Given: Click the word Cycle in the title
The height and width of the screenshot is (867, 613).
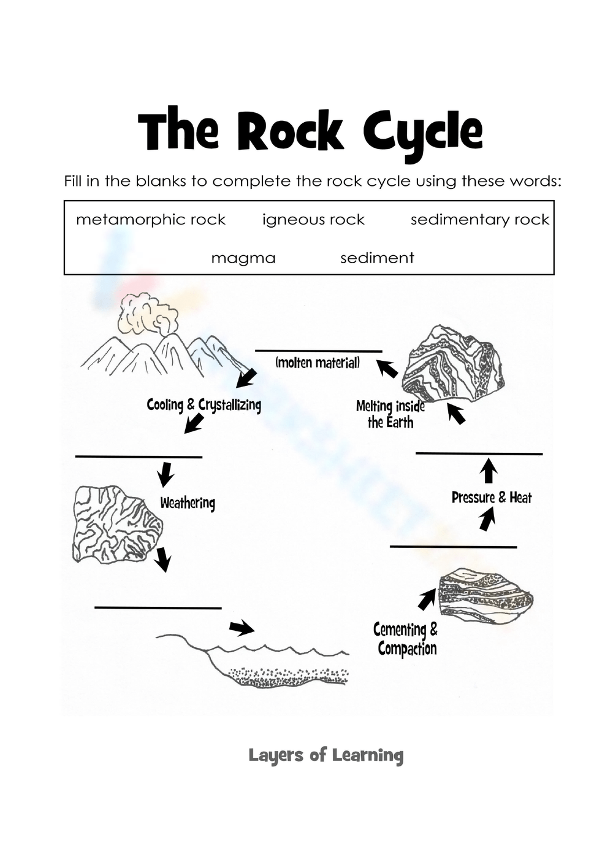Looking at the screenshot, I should [x=422, y=132].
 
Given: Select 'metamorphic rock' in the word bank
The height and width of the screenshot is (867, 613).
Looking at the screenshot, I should [x=150, y=220].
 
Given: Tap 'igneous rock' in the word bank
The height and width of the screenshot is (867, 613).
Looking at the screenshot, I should [x=313, y=220].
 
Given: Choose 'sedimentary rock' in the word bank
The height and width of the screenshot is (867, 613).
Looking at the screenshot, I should [x=479, y=220].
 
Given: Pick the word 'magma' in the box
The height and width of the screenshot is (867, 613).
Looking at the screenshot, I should [x=243, y=258].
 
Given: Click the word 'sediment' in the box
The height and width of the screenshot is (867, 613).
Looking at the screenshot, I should [x=377, y=258].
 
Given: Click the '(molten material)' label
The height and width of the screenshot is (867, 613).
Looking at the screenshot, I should [x=318, y=363].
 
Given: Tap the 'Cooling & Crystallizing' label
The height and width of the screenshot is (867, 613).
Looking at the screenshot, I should [x=204, y=405].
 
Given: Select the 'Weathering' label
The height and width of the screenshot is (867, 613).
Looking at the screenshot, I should [x=188, y=503].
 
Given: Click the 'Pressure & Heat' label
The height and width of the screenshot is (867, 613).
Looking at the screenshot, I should [x=492, y=498].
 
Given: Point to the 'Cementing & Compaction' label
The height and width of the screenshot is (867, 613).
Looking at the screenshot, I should [x=406, y=639].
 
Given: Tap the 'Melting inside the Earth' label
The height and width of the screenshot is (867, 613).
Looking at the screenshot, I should [x=390, y=414].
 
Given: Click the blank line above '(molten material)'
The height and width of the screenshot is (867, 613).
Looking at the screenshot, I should [x=318, y=351].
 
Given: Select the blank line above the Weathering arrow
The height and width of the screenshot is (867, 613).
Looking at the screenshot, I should [x=139, y=457].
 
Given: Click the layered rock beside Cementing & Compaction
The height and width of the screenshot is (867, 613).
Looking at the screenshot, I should [x=485, y=594].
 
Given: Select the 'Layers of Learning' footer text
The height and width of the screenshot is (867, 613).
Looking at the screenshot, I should [x=326, y=755].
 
